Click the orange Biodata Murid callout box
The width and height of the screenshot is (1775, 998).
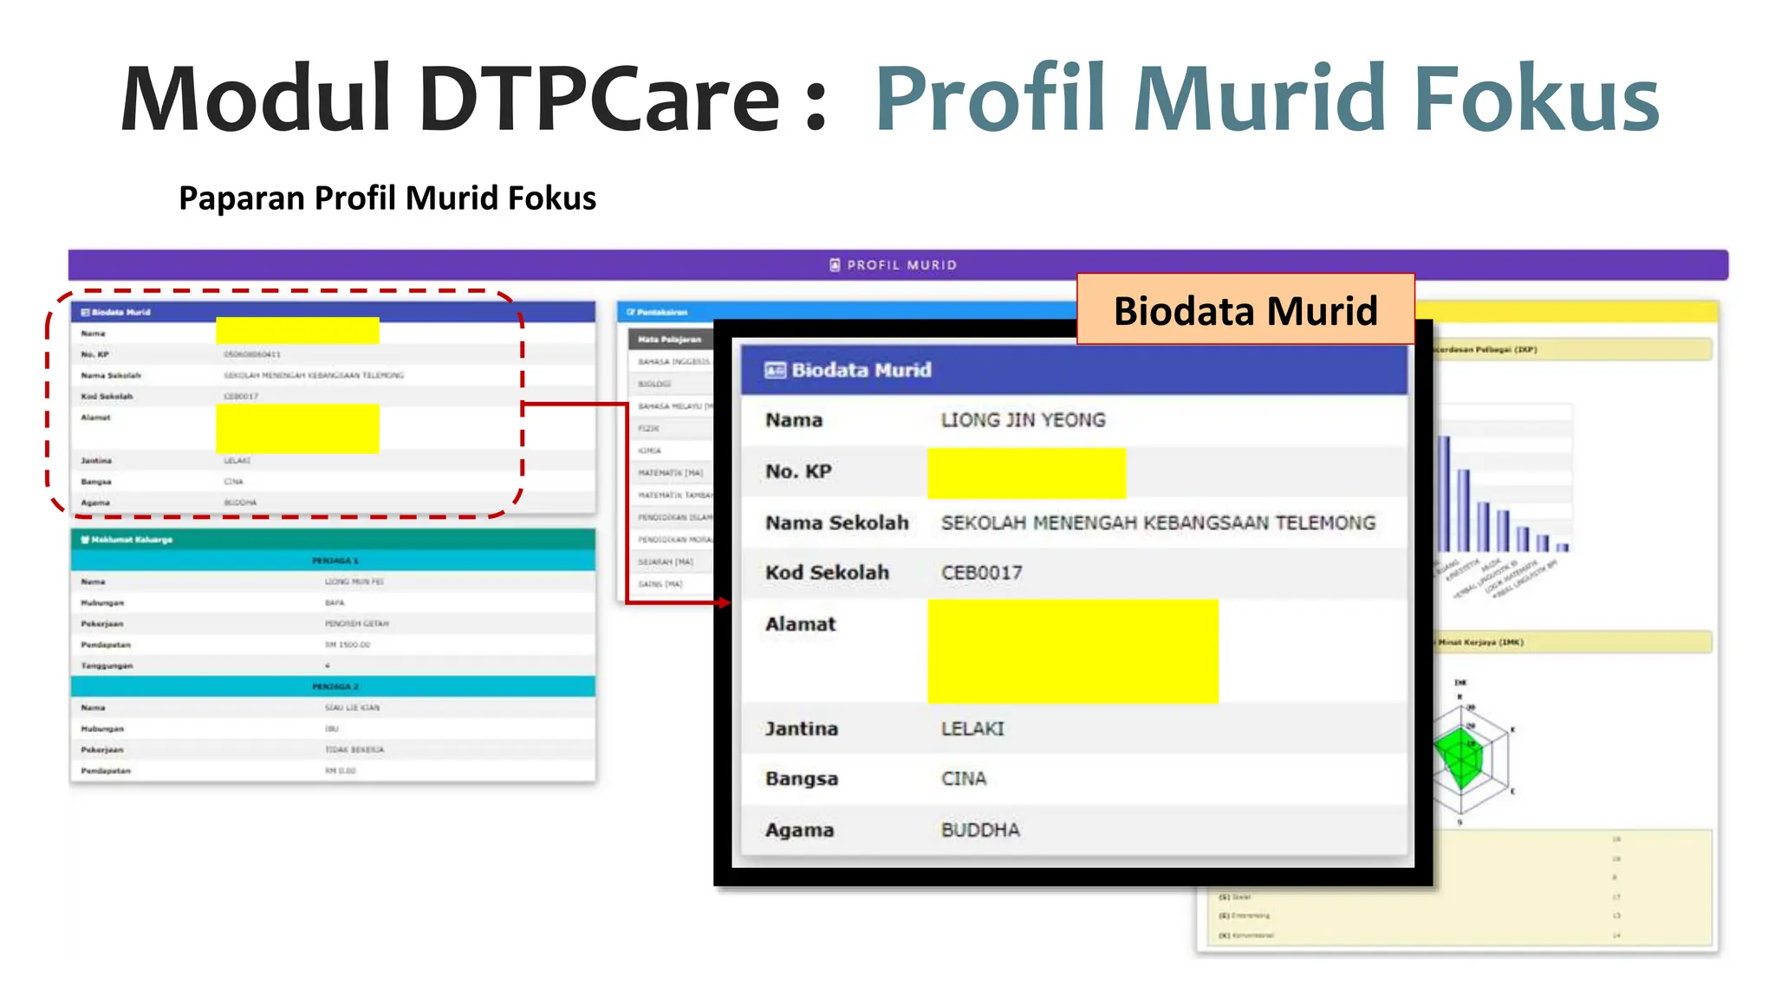coord(1245,310)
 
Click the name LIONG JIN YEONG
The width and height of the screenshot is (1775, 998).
coord(1023,420)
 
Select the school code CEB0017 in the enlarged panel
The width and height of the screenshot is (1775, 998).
coord(981,573)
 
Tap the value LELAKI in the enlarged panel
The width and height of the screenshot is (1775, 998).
coord(972,729)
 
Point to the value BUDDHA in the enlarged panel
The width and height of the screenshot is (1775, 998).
coord(980,830)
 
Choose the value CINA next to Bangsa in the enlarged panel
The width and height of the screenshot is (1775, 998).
coord(964,779)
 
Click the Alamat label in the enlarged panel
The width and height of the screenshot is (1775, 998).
coord(800,624)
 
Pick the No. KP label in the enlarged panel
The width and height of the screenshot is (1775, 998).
coord(798,471)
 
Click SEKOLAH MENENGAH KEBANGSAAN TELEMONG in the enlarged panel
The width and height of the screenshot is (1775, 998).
coord(1158,522)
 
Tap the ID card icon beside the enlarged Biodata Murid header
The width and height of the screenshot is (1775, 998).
coord(775,370)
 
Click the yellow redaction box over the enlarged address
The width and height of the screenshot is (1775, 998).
coord(1072,651)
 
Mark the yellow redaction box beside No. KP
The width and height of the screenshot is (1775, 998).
coord(1026,473)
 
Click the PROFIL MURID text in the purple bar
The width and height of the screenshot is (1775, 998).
coord(901,265)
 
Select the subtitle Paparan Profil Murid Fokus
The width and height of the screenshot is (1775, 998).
coord(387,198)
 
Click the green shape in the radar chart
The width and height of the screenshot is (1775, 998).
coord(1460,756)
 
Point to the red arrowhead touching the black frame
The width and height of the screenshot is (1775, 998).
coord(725,602)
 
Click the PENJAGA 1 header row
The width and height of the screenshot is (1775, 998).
coord(334,561)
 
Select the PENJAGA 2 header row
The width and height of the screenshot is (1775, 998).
coord(334,686)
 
